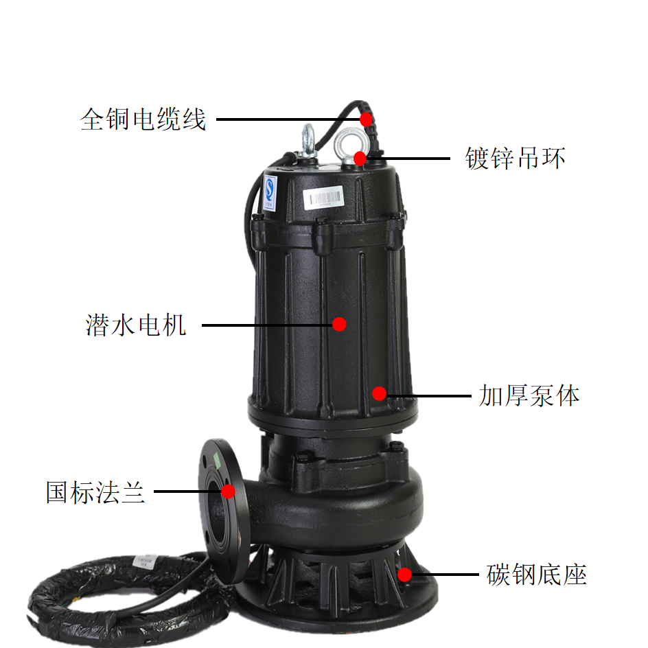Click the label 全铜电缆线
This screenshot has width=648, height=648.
click(143, 119)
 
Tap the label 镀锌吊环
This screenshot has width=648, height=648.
click(516, 159)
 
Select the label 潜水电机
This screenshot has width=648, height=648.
click(135, 325)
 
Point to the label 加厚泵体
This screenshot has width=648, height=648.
click(529, 395)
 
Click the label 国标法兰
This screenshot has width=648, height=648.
click(95, 491)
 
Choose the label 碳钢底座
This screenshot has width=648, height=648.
click(536, 575)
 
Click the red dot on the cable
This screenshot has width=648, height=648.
click(366, 119)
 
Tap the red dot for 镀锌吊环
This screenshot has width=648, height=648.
click(360, 159)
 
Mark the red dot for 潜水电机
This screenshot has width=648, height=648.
click(339, 325)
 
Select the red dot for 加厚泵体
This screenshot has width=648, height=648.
click(379, 393)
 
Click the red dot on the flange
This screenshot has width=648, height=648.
click(228, 491)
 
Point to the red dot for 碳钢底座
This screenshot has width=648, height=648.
click(404, 575)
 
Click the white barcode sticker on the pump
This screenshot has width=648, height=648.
click(323, 198)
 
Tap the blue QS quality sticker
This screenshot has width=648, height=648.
click(270, 193)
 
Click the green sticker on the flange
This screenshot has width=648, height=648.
click(216, 461)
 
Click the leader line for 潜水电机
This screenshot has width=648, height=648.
click(268, 325)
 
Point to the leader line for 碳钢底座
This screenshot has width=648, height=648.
click(445, 575)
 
